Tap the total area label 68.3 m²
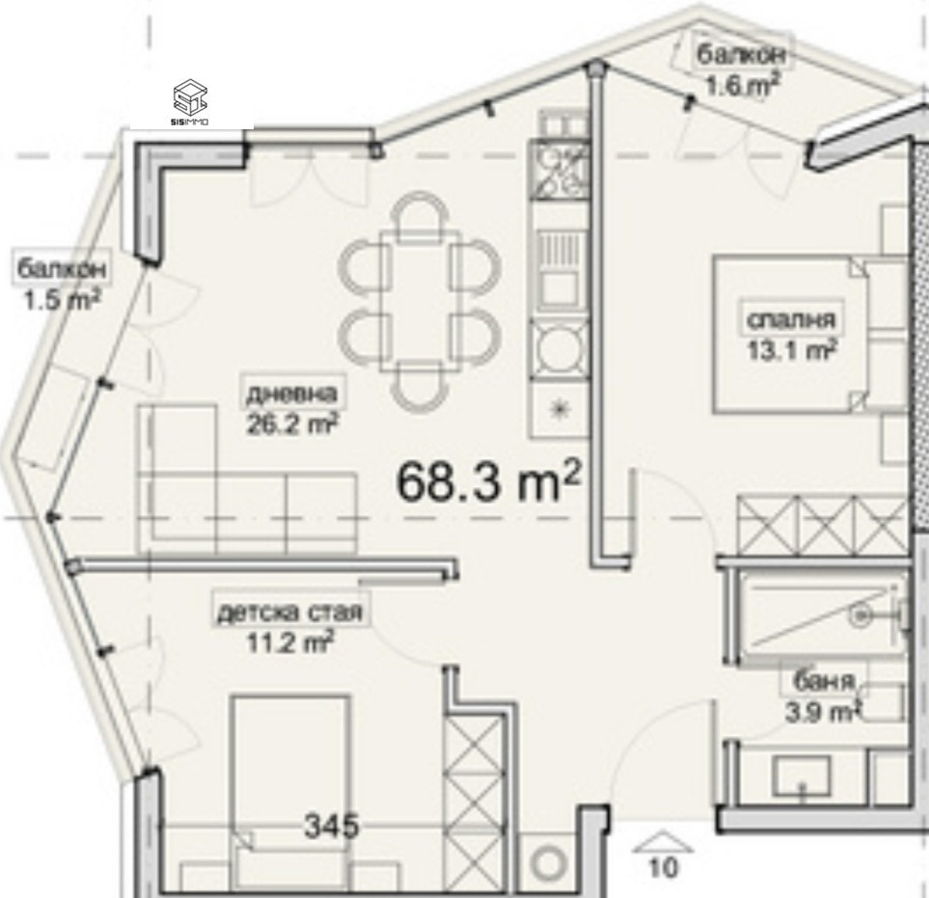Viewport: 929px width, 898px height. click(x=489, y=481)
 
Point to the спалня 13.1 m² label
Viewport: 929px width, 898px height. click(x=790, y=334)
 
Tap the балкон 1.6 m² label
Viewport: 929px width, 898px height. click(x=740, y=69)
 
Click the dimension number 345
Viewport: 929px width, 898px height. click(x=332, y=827)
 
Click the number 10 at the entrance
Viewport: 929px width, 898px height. click(x=664, y=867)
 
